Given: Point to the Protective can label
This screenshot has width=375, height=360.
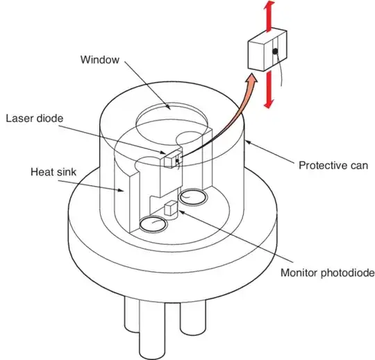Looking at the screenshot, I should pos(333,165).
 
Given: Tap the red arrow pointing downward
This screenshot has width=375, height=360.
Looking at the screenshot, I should pos(268,96).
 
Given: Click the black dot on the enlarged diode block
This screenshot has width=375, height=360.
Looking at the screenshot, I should pos(275,52).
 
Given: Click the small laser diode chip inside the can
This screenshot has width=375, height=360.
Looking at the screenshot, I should pos(171,160).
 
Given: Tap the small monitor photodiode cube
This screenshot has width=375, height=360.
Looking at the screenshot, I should pos(172,209).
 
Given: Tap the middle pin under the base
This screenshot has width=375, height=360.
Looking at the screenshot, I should pos(156,340).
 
